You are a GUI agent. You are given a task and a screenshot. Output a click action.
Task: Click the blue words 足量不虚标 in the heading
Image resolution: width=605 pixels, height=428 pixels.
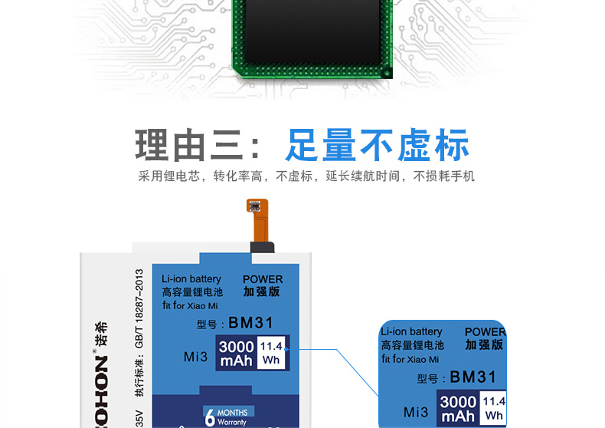point(377,146)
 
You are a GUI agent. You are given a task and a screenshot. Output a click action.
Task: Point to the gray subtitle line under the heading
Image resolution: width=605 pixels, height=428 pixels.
point(306,176)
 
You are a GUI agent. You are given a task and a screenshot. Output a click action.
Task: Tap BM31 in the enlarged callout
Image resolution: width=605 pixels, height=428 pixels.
point(473,377)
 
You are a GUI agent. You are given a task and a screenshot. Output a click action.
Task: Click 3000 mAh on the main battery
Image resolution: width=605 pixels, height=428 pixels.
point(236,354)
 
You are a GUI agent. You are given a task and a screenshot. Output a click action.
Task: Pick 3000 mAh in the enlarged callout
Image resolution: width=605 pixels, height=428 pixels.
point(458,410)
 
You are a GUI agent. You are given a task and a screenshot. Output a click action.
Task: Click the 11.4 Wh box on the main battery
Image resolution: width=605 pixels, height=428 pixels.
point(271,353)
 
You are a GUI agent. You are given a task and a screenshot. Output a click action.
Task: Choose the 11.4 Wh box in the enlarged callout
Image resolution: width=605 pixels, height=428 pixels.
point(494,409)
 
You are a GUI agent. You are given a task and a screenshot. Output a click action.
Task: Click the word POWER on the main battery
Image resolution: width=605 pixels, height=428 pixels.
point(263,279)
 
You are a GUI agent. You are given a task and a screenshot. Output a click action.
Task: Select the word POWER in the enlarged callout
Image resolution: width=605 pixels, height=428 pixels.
point(485,332)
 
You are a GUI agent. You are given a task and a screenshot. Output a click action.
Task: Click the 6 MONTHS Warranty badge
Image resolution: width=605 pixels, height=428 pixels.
point(226,416)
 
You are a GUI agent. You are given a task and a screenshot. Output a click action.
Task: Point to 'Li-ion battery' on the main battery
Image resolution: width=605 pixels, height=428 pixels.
point(191,279)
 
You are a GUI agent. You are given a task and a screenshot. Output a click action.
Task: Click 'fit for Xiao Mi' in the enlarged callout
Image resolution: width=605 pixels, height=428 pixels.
point(410,359)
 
